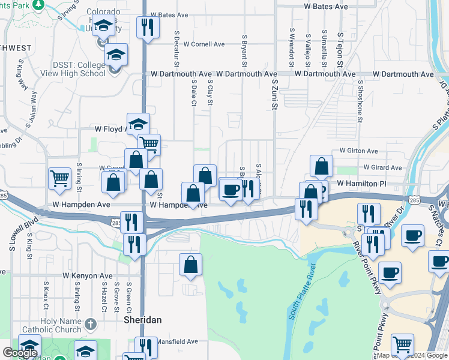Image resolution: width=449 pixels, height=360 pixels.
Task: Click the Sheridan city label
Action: pos(143,320)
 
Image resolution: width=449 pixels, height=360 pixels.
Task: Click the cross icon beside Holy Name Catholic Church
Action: pos(91,325)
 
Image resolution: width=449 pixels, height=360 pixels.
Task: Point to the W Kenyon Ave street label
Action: pos(88,276)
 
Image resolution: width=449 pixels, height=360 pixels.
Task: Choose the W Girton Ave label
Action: pos(358,151)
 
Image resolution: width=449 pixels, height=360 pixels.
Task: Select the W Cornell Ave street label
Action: pos(204,44)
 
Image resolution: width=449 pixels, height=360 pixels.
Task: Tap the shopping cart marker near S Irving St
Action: pos(59,178)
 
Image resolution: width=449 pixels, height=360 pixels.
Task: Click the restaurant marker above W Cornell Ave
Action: pos(145,27)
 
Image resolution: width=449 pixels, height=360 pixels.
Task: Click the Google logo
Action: pos(20,353)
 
